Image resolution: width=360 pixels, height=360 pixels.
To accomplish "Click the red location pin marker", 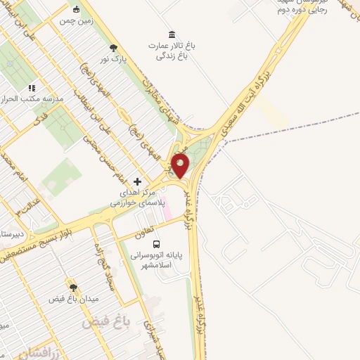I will click(x=181, y=166).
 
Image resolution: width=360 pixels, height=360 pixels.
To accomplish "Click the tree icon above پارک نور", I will click(x=114, y=48).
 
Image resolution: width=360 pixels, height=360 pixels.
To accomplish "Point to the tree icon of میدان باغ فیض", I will click(x=73, y=287).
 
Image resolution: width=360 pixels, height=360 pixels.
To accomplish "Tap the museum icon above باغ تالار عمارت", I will click(x=172, y=34).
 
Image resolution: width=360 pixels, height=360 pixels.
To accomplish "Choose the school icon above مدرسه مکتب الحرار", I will click(x=31, y=88).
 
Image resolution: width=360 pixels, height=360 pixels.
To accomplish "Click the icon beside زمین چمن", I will click(x=76, y=9).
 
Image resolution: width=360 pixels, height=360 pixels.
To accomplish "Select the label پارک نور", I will click(x=114, y=60).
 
